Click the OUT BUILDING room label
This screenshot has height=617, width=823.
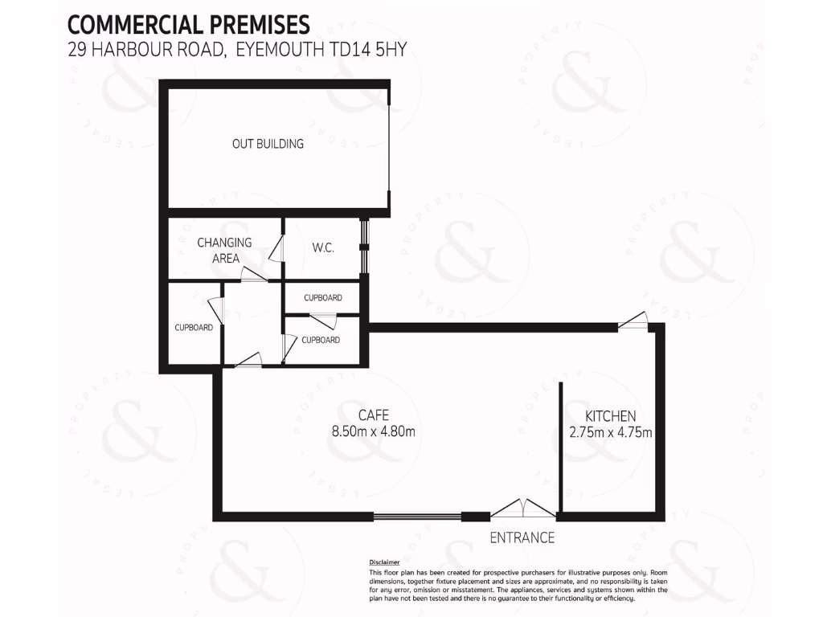(x=268, y=144)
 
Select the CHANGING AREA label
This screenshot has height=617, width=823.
(x=224, y=250)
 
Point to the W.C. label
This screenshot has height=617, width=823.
(x=323, y=248)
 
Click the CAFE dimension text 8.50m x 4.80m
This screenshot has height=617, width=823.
(x=373, y=431)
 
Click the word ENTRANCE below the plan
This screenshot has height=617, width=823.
(x=522, y=537)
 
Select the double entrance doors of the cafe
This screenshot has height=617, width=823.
(x=523, y=509)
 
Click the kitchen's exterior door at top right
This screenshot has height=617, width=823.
(x=634, y=321)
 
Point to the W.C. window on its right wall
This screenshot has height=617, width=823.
(x=363, y=247)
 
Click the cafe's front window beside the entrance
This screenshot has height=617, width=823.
(x=417, y=517)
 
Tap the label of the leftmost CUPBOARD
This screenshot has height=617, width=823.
(x=194, y=328)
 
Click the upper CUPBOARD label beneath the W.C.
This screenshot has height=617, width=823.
(x=322, y=298)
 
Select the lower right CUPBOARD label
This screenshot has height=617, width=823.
(x=320, y=340)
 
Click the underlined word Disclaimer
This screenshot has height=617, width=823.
(x=383, y=562)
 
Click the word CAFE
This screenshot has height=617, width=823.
(x=374, y=415)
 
